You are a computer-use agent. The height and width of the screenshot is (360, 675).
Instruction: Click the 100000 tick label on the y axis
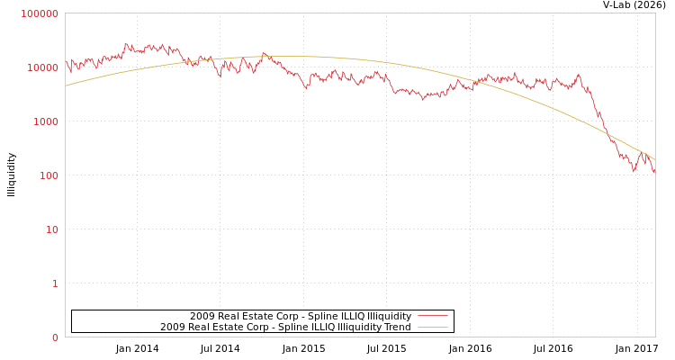[40, 13]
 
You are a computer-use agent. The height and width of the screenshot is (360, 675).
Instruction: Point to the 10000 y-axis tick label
[42, 67]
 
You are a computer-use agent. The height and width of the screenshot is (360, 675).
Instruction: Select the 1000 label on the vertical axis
[45, 121]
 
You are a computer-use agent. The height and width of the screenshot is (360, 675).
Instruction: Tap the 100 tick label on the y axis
[48, 175]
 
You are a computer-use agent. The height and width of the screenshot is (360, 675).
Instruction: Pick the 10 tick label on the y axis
[50, 229]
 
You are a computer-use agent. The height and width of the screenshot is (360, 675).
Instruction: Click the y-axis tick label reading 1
[54, 283]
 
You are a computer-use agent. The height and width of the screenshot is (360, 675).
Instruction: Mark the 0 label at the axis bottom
[54, 337]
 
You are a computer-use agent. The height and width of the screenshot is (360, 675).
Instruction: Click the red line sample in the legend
[433, 317]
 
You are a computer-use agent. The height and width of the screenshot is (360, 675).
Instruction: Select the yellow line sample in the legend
[433, 328]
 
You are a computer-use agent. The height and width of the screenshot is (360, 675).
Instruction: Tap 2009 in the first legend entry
[201, 317]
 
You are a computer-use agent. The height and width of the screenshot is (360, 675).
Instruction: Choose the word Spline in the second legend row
[292, 328]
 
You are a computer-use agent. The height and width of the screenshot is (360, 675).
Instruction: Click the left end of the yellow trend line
[66, 85]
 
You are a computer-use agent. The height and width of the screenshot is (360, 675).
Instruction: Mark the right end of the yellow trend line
[654, 159]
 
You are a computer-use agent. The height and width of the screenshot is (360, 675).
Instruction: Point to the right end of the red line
[654, 172]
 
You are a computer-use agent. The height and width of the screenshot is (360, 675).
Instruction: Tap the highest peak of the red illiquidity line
[125, 42]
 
